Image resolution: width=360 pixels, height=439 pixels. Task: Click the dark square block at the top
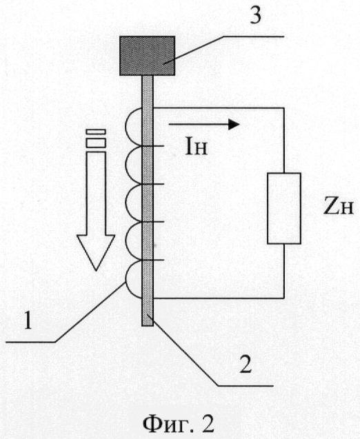[x=148, y=56]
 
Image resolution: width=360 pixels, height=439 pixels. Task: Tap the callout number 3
[x=255, y=16]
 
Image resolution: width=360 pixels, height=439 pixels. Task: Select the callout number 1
[x=28, y=321]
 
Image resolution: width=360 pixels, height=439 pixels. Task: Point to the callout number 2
[x=246, y=365]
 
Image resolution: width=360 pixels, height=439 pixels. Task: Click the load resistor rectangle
[x=284, y=208]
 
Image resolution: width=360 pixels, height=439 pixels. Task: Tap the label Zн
[x=339, y=207]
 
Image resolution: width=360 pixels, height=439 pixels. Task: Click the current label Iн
[x=196, y=147]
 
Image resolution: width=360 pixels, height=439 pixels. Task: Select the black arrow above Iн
[x=204, y=124]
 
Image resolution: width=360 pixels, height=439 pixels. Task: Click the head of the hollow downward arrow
[x=96, y=249]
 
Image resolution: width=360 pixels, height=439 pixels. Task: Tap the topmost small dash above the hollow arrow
[x=96, y=132]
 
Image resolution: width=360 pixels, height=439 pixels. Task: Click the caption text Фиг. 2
[x=179, y=425]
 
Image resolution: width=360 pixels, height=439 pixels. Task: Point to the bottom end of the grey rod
[x=148, y=325]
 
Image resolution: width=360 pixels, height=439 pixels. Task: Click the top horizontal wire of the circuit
[x=219, y=108]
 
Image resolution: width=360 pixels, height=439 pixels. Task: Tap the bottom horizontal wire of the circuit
[x=219, y=298]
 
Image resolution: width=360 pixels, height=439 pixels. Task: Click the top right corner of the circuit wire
[x=284, y=108]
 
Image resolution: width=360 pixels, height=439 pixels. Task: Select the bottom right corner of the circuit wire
[x=284, y=298]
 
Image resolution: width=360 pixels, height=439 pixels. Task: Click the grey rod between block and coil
[x=148, y=92]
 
